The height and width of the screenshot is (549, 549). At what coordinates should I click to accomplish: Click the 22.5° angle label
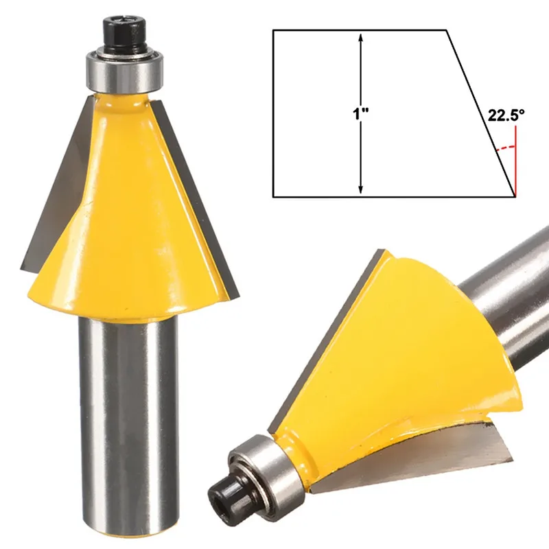(x=506, y=115)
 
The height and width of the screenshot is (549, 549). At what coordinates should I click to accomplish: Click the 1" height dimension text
(x=361, y=114)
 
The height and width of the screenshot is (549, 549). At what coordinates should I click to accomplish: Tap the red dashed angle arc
(x=506, y=148)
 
